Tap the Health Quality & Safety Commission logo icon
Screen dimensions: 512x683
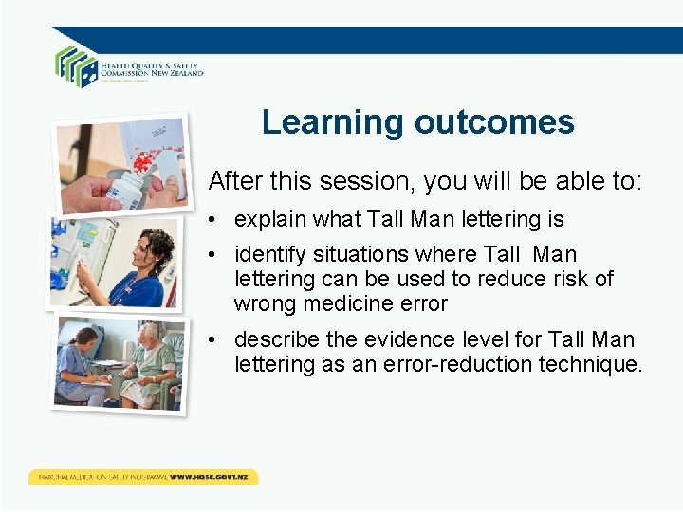pyautogui.click(x=76, y=65)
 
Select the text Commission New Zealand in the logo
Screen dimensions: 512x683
pyautogui.click(x=152, y=72)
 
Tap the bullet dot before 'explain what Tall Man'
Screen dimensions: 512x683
pyautogui.click(x=216, y=220)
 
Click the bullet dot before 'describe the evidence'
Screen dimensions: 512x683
pyautogui.click(x=216, y=339)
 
